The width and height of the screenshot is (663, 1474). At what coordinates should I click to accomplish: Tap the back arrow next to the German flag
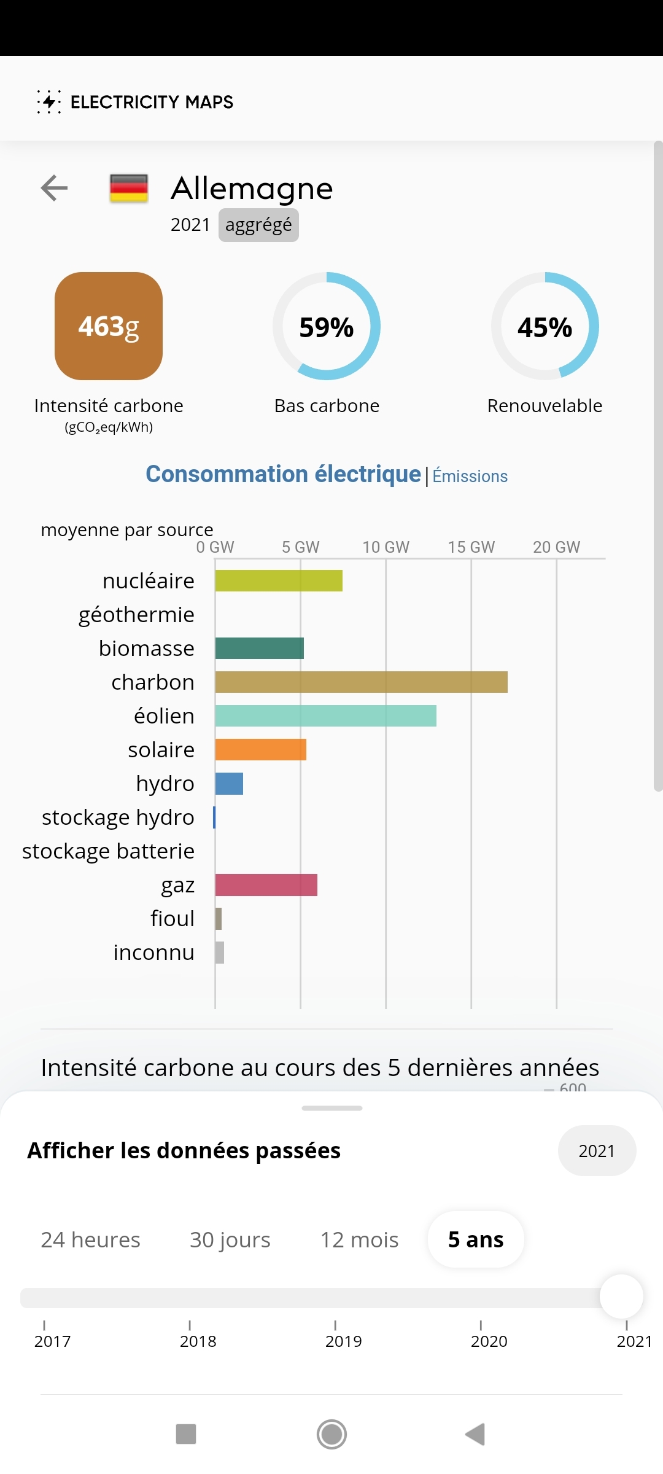(x=54, y=188)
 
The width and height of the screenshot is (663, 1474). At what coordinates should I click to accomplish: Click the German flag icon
(x=129, y=189)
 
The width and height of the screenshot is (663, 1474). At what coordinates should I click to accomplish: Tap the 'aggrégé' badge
(x=258, y=225)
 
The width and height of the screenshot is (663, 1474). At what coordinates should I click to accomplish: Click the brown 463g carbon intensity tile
(x=109, y=326)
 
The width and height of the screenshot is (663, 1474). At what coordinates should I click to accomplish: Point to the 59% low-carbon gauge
(x=327, y=326)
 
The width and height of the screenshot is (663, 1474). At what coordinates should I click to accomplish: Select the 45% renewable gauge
(x=545, y=326)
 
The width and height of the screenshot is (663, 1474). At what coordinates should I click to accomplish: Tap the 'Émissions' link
(x=470, y=476)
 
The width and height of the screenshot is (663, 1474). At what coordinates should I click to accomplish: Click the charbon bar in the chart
(x=361, y=682)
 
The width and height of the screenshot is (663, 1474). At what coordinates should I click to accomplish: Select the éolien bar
(x=325, y=716)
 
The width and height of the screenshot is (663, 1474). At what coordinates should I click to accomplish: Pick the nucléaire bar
(x=279, y=581)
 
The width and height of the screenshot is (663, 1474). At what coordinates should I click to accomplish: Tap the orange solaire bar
(x=260, y=750)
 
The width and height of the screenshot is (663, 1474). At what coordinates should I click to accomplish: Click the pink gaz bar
(x=266, y=885)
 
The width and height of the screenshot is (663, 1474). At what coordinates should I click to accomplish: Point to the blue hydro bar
(x=229, y=784)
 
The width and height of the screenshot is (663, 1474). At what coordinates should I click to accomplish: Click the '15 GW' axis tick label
(x=471, y=547)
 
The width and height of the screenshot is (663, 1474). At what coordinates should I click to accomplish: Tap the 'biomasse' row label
(x=147, y=649)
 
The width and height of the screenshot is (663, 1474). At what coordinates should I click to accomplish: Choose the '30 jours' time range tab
(x=230, y=1240)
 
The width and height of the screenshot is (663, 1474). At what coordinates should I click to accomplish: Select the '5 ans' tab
(x=476, y=1240)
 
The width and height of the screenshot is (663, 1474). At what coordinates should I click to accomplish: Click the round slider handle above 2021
(x=621, y=1297)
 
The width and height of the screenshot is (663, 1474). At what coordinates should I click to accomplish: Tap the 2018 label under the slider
(x=198, y=1341)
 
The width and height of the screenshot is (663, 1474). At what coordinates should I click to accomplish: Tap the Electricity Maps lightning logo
(x=49, y=102)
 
